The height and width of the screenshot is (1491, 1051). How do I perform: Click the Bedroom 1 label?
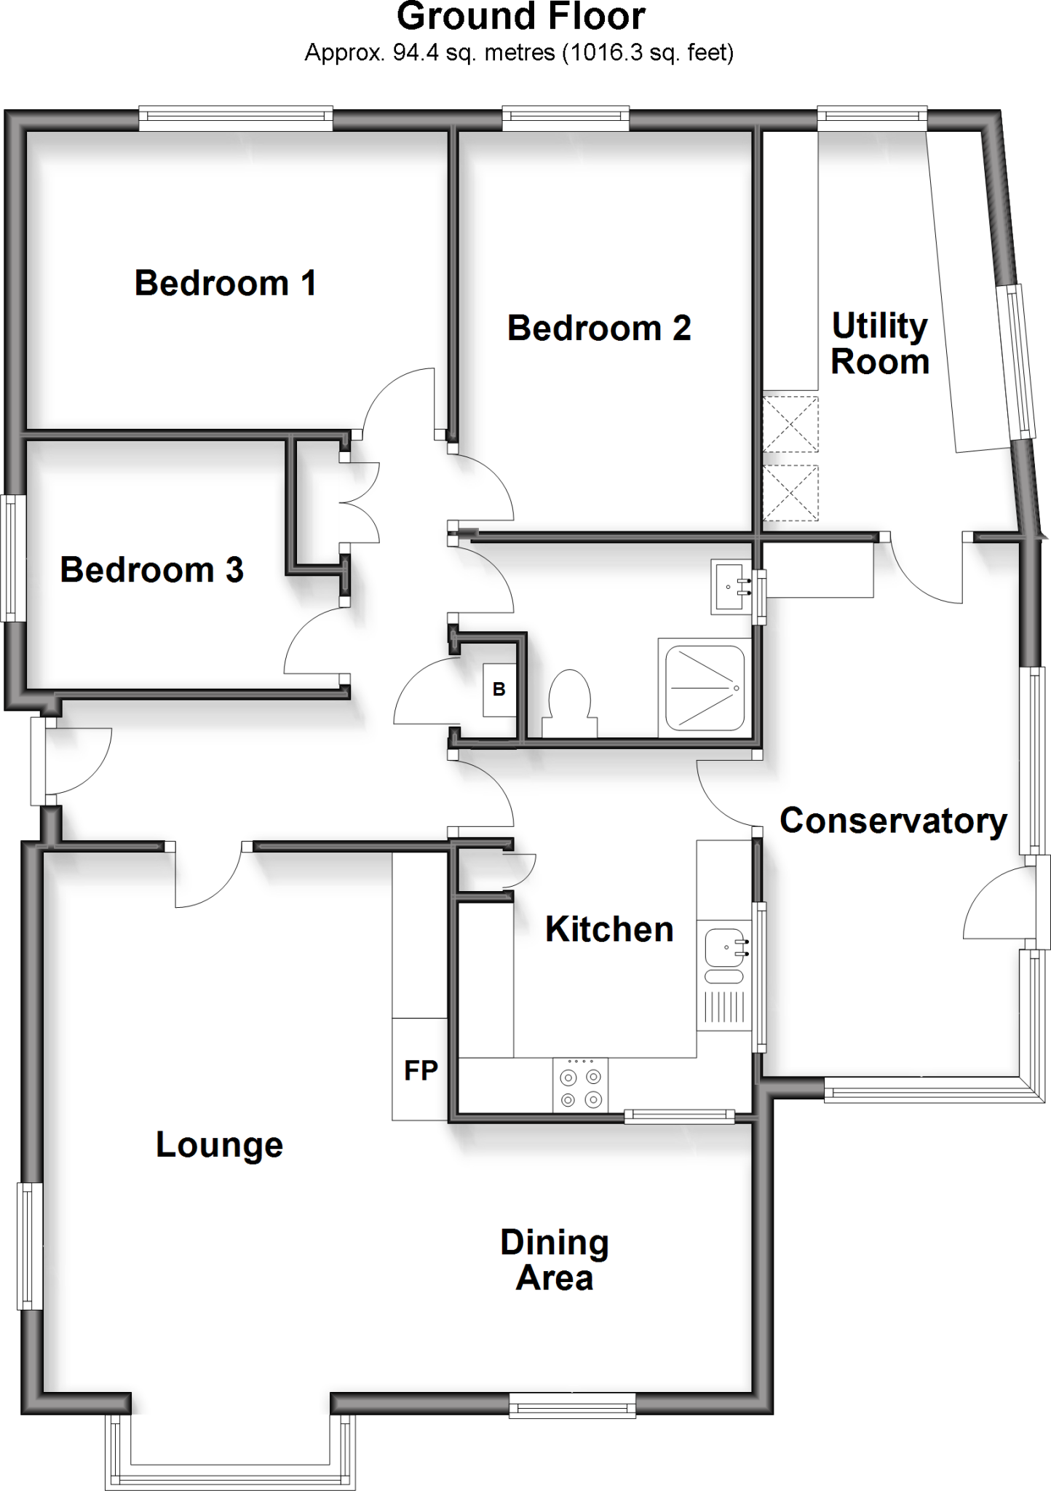click(226, 283)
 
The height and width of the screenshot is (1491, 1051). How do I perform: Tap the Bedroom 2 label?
click(598, 328)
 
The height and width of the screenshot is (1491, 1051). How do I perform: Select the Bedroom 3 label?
click(151, 570)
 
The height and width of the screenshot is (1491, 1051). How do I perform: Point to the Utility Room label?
click(880, 344)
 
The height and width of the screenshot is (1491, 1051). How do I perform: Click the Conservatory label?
click(893, 821)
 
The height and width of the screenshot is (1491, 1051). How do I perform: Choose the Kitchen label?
click(609, 930)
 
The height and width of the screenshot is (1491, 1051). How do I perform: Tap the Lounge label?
click(219, 1144)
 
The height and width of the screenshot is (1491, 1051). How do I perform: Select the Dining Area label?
click(555, 1259)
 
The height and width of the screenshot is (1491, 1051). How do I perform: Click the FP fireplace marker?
click(420, 1070)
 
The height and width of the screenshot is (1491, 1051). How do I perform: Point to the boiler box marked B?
click(499, 689)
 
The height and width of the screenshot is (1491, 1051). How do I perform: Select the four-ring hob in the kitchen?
click(580, 1084)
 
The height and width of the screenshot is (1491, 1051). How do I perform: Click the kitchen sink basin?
click(725, 946)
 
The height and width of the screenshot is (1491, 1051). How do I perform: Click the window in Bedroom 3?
click(13, 558)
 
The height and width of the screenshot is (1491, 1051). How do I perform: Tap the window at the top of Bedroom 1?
click(236, 119)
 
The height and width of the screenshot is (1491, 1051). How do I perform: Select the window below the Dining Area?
click(572, 1404)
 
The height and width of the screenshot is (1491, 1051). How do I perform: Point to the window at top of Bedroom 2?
click(566, 119)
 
